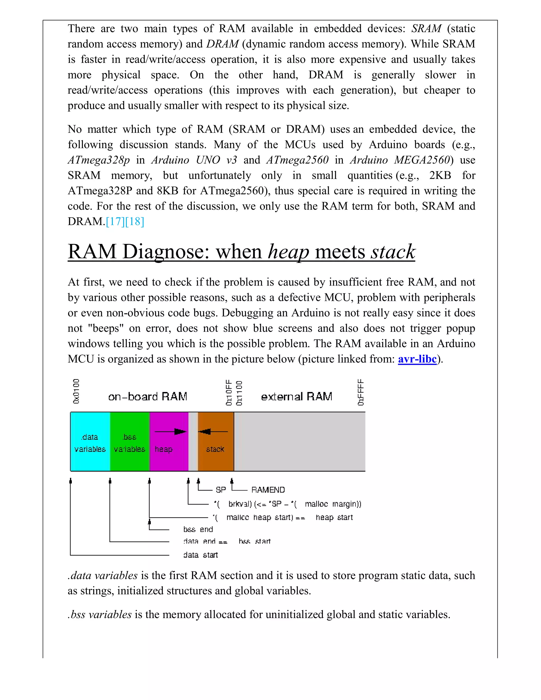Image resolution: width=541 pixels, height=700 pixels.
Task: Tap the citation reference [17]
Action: pos(115,221)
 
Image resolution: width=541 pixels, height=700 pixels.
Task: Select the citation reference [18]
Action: pos(135,221)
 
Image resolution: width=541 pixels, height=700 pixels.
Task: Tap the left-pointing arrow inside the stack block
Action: pos(213,432)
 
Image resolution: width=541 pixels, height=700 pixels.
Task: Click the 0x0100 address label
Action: pos(76,391)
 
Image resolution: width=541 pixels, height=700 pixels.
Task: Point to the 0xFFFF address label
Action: pos(361,392)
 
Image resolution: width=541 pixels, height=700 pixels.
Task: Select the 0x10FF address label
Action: pos(229,393)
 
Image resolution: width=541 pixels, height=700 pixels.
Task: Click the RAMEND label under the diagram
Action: pos(268,490)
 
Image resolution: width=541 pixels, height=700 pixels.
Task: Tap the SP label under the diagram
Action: pos(221,490)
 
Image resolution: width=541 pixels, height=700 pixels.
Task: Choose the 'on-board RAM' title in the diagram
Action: pos(147,397)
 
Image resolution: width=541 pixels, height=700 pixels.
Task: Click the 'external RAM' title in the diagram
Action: pos(296,397)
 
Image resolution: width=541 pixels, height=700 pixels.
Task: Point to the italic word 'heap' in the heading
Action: pos(288,252)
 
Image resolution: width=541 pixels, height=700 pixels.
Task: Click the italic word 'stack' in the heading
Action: pos(393,252)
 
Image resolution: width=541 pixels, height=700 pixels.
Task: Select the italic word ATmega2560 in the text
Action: pos(297,160)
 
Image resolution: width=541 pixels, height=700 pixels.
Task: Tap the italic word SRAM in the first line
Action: pos(426,29)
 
